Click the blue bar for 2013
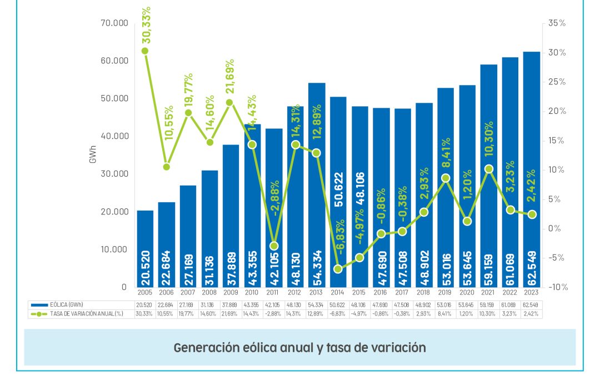[x=317, y=183]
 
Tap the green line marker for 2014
[x=338, y=269]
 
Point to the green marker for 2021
[x=489, y=169]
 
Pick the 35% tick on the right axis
[x=556, y=23]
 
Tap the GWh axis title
[x=93, y=156]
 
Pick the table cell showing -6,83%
[x=338, y=314]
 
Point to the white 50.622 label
[x=338, y=189]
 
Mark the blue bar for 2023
[x=532, y=167]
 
